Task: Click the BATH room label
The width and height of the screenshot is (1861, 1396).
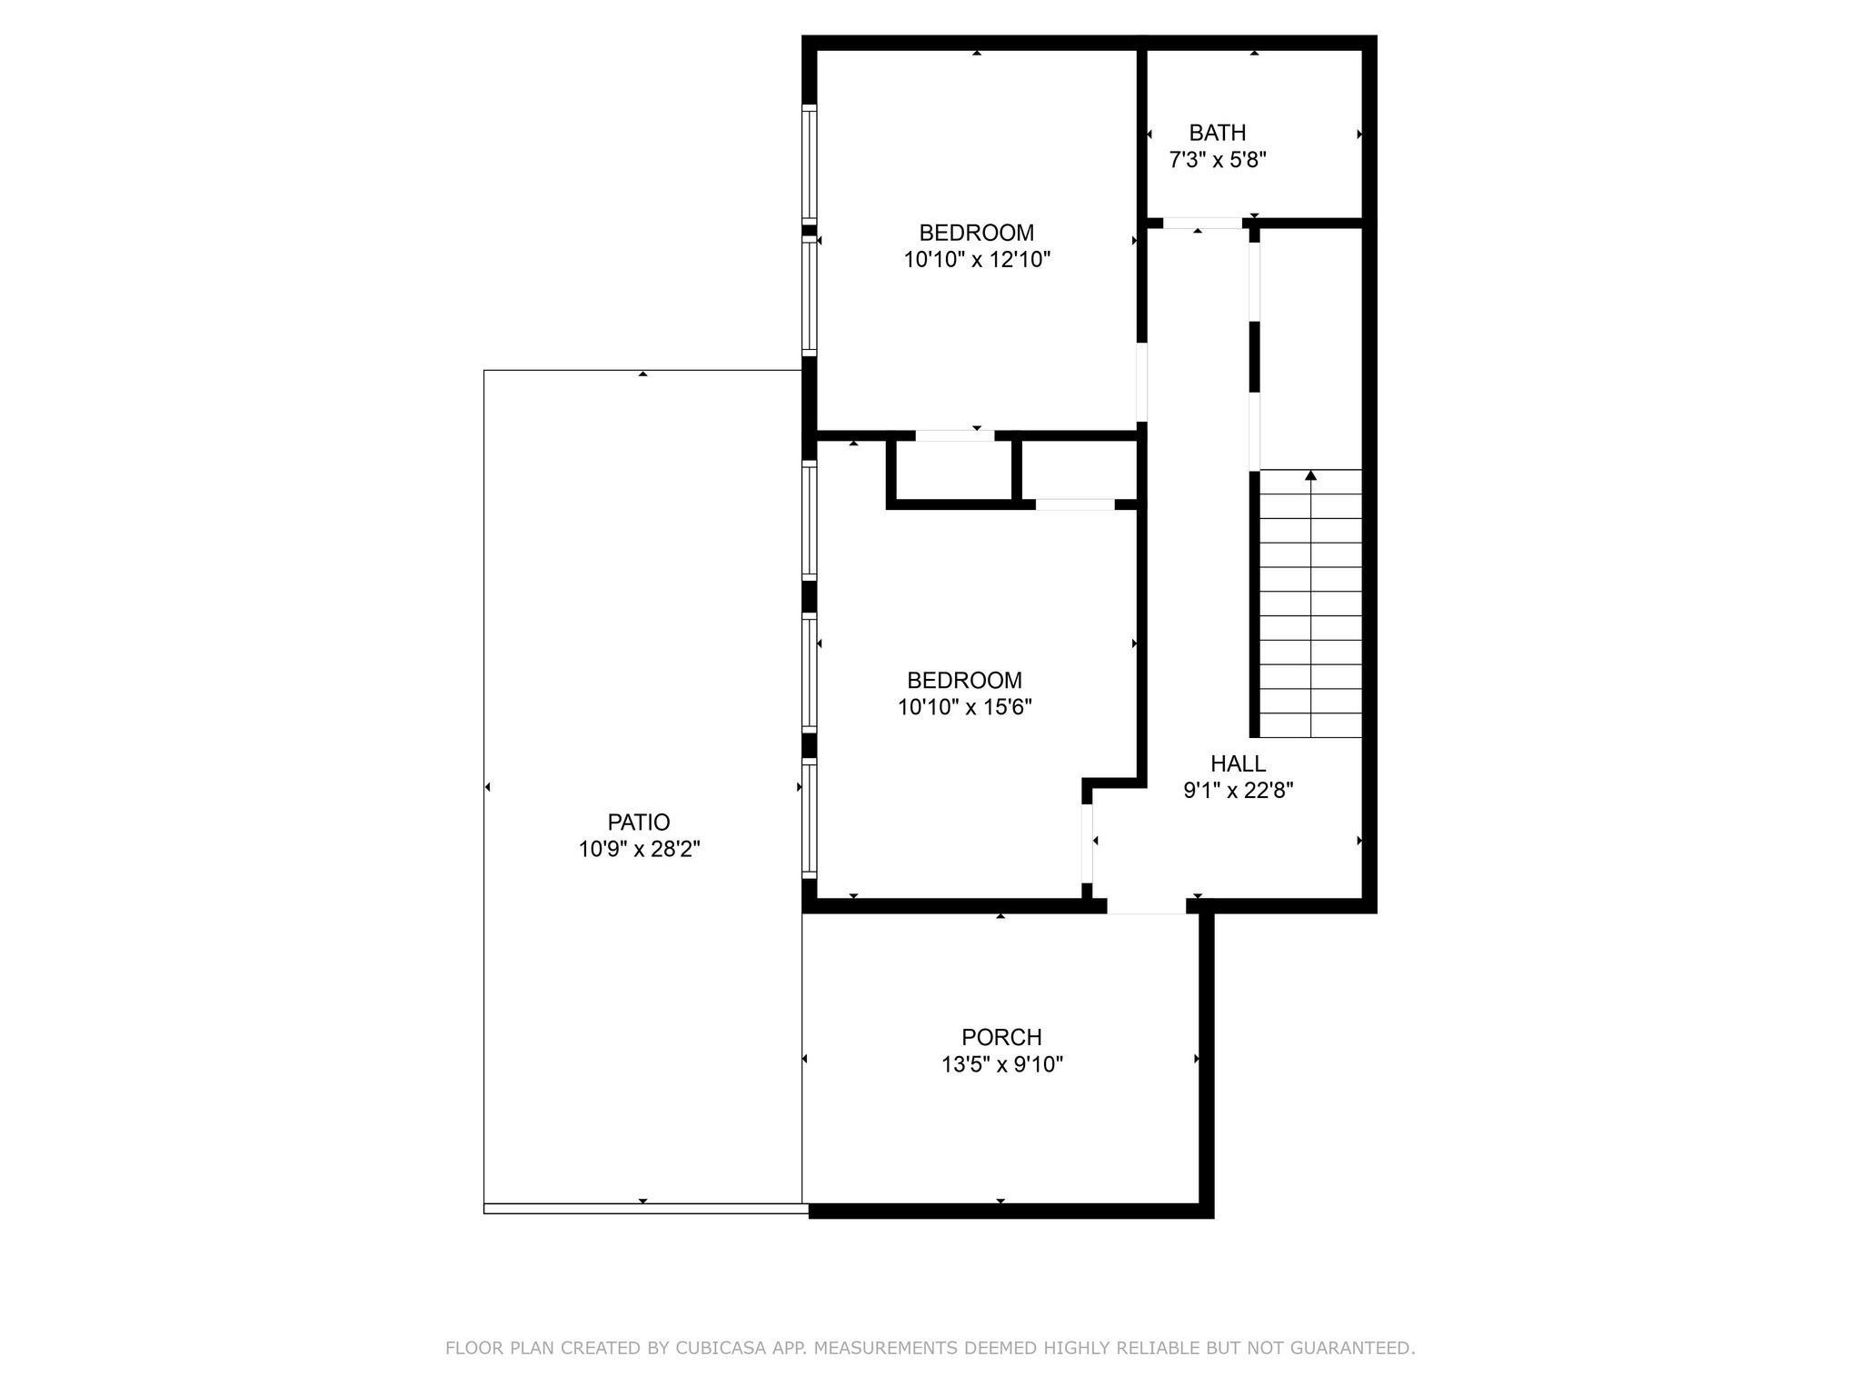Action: tap(1217, 133)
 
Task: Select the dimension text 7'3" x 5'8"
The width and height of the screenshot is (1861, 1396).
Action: tap(1217, 161)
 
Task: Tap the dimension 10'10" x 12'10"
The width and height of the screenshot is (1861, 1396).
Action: tap(976, 260)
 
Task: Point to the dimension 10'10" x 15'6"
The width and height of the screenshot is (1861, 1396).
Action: tap(964, 707)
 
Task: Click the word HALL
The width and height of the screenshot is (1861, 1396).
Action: tap(1238, 763)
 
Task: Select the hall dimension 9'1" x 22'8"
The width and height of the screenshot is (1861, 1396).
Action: tap(1238, 791)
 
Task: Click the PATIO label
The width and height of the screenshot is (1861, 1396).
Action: tap(638, 823)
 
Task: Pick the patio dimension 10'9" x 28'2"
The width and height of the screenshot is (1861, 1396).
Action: tap(639, 850)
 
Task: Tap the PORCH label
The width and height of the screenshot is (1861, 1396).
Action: tap(1001, 1037)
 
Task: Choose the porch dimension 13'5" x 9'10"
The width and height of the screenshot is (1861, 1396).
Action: tap(1001, 1064)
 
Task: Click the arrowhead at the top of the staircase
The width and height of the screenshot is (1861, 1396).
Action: tap(1310, 475)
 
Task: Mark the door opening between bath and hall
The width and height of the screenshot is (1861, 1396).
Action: tap(1201, 223)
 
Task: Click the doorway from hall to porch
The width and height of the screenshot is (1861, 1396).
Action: tap(1146, 906)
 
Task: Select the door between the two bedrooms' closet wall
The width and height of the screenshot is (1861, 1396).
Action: tap(954, 435)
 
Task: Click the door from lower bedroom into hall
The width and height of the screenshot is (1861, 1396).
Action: tap(1087, 843)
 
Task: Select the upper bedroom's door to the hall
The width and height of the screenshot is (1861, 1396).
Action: tap(1142, 382)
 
